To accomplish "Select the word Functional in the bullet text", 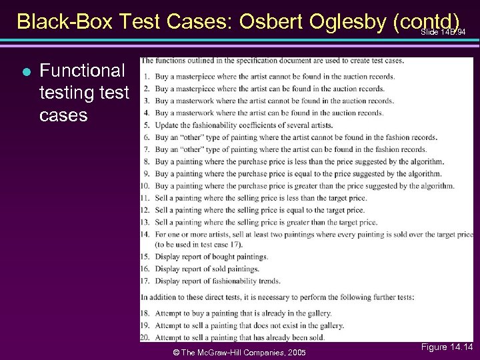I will [82, 70].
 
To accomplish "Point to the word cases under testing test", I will [63, 115].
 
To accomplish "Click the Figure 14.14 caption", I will [447, 347].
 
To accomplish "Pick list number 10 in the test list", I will [145, 186].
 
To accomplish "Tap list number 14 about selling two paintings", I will [145, 235].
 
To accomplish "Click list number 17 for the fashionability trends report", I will [145, 281].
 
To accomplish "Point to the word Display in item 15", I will [168, 257].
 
